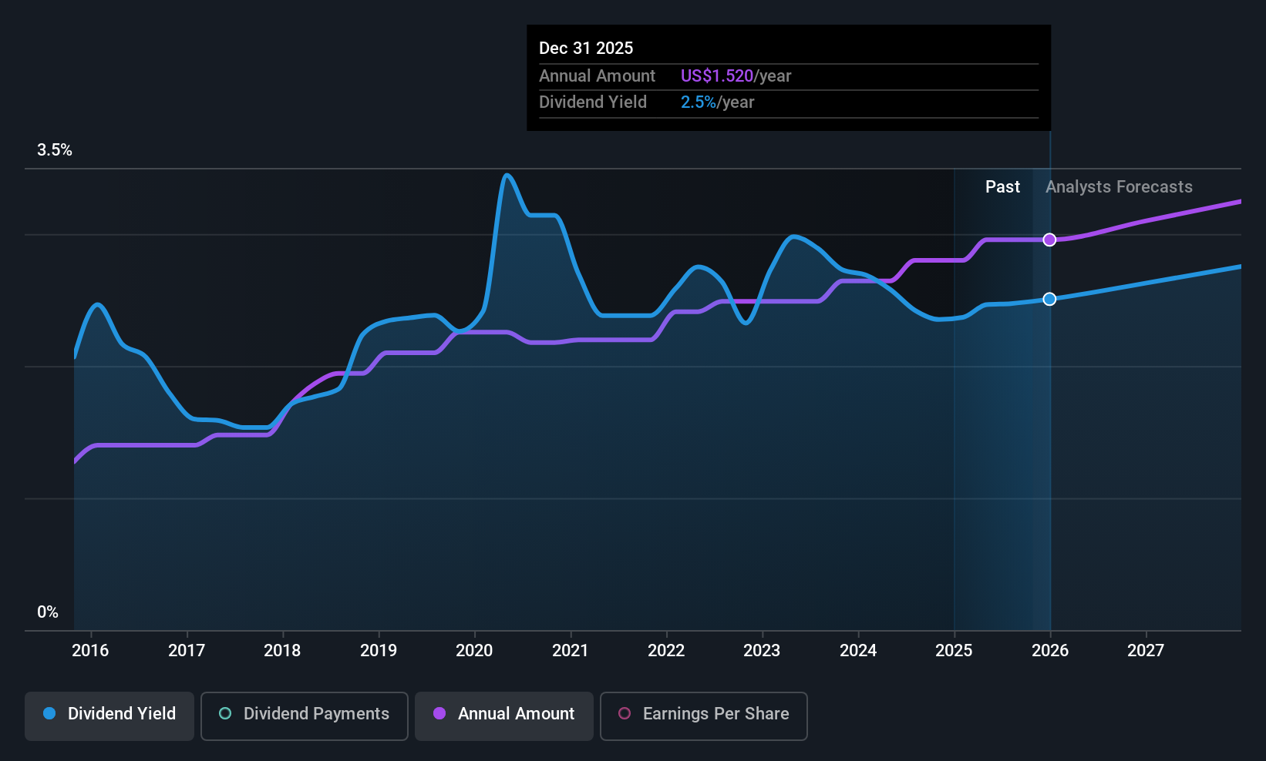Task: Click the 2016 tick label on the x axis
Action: coord(90,650)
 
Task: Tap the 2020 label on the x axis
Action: coord(474,650)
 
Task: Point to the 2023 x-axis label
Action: coord(762,650)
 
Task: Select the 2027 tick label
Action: coord(1146,650)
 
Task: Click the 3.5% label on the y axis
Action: coord(55,150)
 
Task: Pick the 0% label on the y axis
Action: coord(48,612)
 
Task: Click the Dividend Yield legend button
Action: coord(109,714)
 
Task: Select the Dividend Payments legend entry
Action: coord(305,714)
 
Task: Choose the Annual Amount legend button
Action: coord(504,714)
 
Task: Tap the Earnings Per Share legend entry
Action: coord(703,714)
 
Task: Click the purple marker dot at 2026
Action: coord(1049,240)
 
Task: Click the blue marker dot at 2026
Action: coord(1049,299)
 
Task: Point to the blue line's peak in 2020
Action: coord(507,176)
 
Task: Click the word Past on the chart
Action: coord(1002,187)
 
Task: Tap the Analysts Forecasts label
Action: coord(1119,187)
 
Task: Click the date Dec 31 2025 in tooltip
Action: coord(586,49)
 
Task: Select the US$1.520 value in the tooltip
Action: coord(716,76)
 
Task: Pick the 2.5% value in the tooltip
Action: coord(698,102)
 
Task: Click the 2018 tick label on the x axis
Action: coord(282,650)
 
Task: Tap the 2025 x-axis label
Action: coord(954,650)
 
